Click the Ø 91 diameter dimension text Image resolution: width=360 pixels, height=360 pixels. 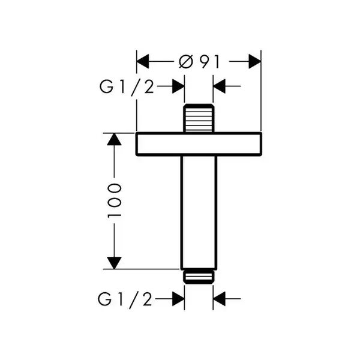[199, 62]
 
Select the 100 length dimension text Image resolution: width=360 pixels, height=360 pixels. [114, 200]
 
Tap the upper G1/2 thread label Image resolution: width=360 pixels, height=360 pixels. [127, 86]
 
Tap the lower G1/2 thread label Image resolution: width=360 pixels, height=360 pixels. [125, 299]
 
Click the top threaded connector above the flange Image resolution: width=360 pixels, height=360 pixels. [199, 118]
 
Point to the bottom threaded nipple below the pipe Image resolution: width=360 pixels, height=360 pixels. [199, 277]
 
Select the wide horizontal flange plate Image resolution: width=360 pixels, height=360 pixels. [199, 144]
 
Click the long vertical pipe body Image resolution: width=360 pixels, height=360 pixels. [199, 212]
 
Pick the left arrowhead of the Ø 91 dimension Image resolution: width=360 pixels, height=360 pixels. [143, 62]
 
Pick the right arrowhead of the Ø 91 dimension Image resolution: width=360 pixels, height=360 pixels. [255, 62]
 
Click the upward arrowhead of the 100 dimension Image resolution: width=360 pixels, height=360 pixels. [114, 139]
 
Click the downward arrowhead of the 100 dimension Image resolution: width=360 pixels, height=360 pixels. [114, 263]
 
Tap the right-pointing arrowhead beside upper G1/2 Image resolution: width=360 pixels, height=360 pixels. [178, 86]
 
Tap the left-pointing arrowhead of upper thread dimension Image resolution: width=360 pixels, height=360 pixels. [219, 86]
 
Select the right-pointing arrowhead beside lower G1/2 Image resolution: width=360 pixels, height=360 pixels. [178, 299]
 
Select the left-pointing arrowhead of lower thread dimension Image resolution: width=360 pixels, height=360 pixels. [219, 299]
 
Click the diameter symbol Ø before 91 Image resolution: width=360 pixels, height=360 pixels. [185, 62]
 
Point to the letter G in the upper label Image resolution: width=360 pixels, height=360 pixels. [106, 86]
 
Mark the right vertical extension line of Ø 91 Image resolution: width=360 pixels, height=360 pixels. [261, 91]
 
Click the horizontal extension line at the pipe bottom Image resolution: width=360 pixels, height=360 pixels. [141, 269]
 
